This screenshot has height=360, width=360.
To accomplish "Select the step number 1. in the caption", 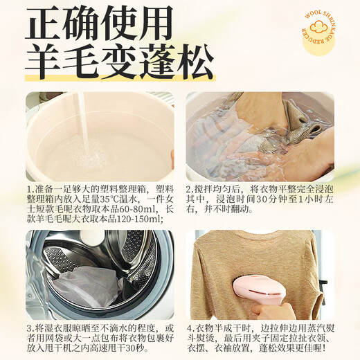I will point(30,188).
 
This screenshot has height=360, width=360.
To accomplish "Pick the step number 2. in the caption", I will point(189,188).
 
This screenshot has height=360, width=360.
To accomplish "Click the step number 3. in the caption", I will point(30,327).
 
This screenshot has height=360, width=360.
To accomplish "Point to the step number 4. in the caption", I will point(189,327).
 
